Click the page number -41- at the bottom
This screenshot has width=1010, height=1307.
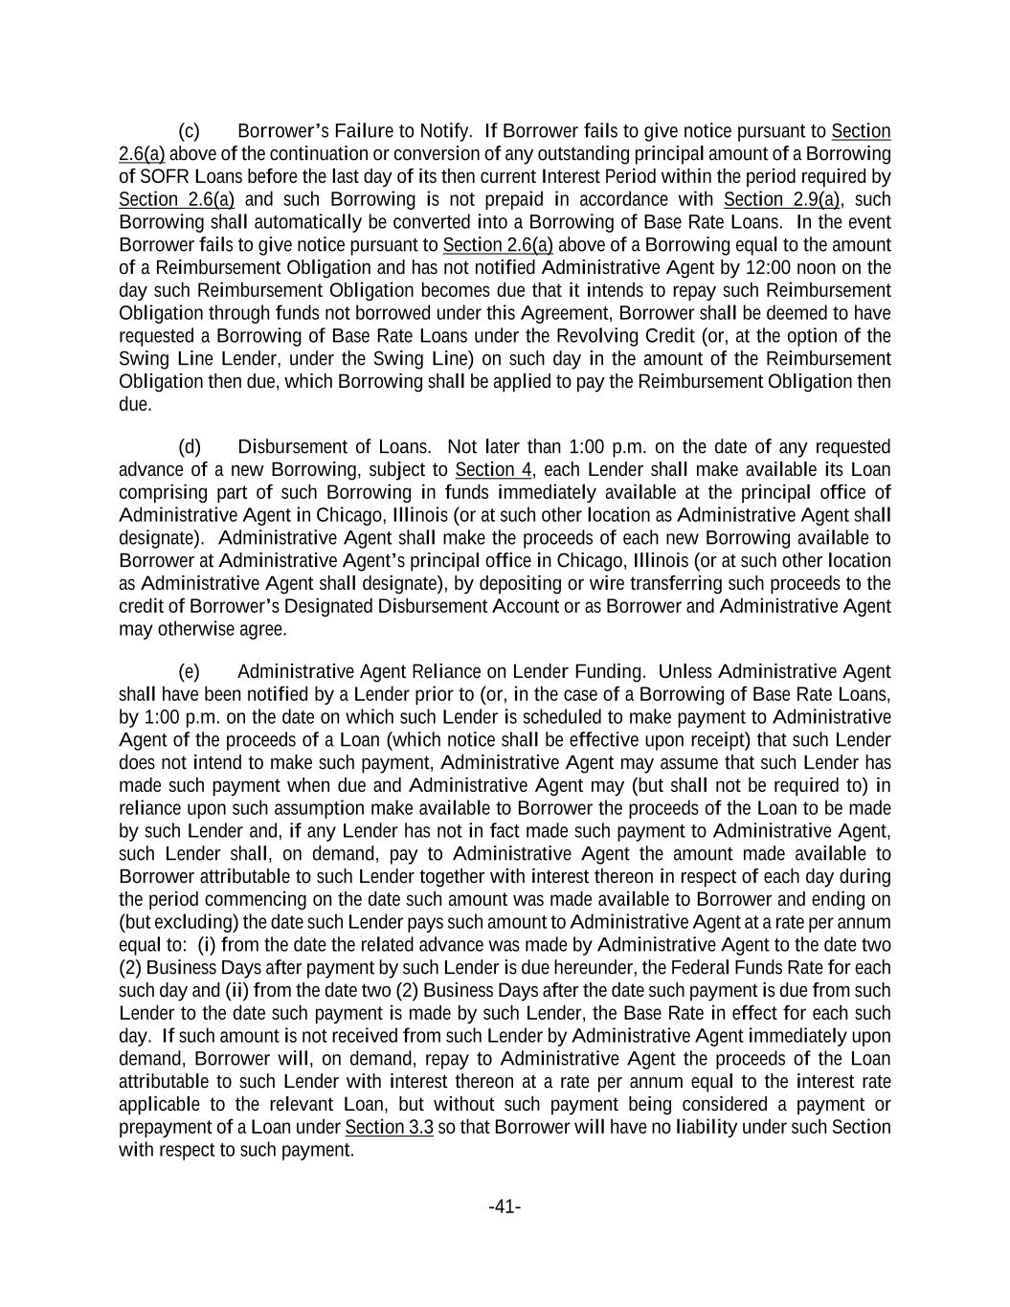(505, 1206)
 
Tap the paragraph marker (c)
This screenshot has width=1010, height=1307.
(189, 131)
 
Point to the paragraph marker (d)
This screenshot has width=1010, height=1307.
(190, 447)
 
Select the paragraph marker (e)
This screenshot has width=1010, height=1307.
(189, 672)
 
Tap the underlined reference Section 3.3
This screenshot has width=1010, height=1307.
(389, 1128)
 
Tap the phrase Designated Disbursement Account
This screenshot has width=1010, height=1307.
(432, 607)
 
